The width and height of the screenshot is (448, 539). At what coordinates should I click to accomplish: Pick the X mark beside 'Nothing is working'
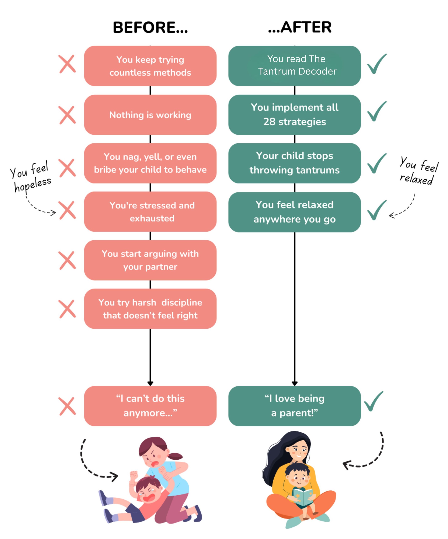67,115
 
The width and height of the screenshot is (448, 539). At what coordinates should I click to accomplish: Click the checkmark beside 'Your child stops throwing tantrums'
377,163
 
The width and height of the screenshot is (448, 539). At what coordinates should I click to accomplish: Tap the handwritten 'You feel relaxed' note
419,171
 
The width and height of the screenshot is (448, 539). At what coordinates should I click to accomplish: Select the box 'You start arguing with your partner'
150,260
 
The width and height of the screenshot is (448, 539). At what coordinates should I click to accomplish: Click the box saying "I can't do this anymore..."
150,406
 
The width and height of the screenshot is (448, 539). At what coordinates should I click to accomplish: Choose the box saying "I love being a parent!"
295,406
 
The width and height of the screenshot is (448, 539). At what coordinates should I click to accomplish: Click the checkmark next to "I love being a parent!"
373,401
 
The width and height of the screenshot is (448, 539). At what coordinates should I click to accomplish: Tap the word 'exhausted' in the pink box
152,218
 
